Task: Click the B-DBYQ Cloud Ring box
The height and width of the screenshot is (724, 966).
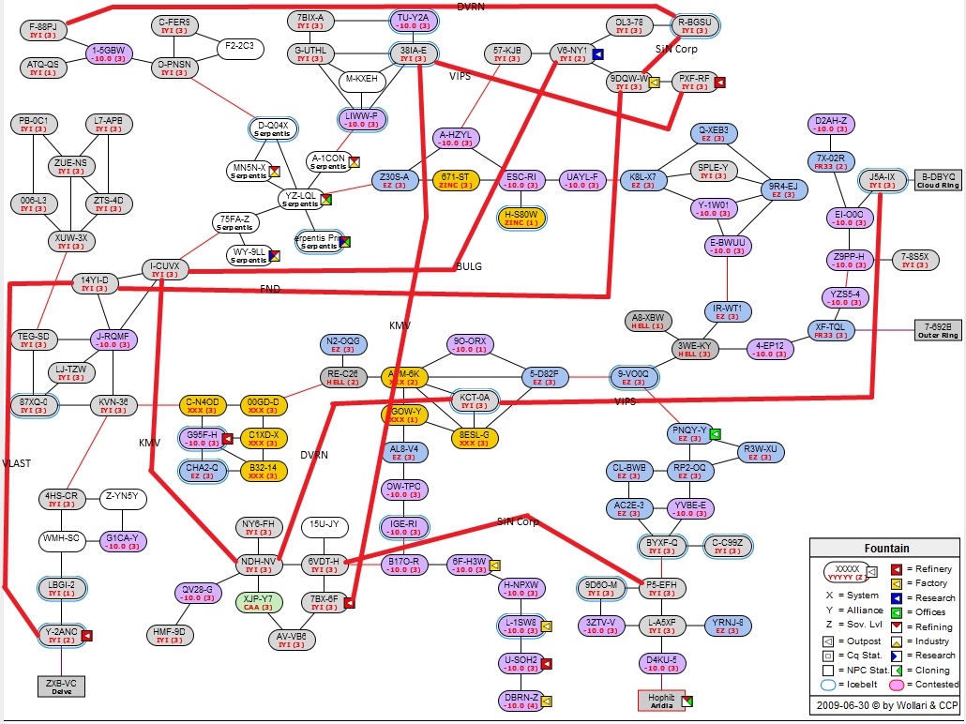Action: pos(937,180)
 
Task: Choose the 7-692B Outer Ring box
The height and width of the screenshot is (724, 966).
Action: pos(938,329)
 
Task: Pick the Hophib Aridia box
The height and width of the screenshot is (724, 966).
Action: pos(661,700)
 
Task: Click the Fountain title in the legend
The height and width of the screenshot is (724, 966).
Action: pos(885,549)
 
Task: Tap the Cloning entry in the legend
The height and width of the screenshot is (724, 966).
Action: pos(930,671)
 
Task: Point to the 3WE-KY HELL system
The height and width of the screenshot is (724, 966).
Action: pos(694,349)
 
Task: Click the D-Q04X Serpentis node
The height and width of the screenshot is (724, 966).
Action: pos(273,128)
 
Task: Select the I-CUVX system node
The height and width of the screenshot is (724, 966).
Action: pos(166,271)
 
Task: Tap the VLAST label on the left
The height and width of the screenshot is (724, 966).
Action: pos(17,462)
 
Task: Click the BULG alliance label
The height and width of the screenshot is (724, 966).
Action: pos(469,266)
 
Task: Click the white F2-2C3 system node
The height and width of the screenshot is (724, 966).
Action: pos(241,46)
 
